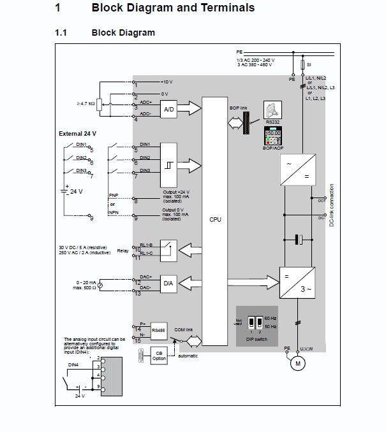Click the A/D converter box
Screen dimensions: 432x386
(169, 110)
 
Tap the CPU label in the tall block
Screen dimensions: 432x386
(215, 219)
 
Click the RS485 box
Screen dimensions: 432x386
(159, 331)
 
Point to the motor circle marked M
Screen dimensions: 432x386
(296, 364)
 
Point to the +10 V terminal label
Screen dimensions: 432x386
(167, 82)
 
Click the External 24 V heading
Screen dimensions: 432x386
(77, 134)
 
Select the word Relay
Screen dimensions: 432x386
(122, 250)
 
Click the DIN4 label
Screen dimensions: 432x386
(75, 364)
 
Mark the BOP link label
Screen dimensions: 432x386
(238, 109)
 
